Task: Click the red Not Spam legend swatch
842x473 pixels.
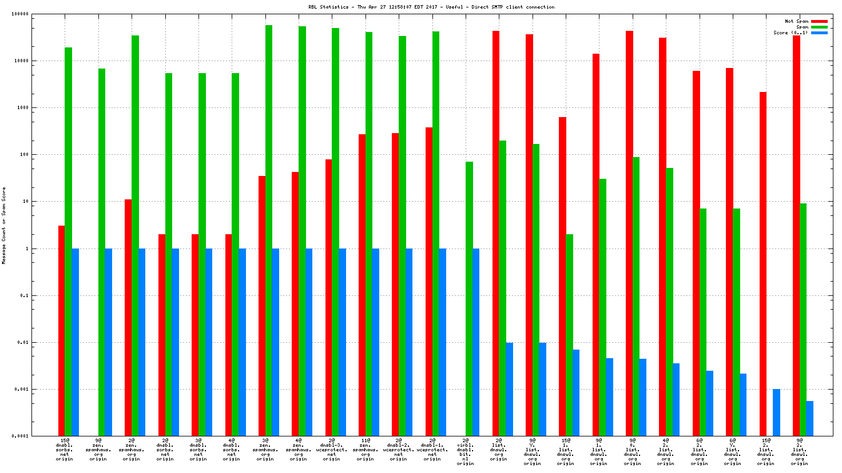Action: [x=819, y=21]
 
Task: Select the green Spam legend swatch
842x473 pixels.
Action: [x=819, y=27]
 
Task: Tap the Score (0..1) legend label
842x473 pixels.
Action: [x=791, y=33]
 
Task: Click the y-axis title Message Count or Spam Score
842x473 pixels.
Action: [x=4, y=225]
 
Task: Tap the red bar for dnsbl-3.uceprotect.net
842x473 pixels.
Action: [x=328, y=297]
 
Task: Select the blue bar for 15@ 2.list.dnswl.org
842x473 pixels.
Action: [x=776, y=412]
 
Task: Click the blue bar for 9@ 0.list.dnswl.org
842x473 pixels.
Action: [x=642, y=397]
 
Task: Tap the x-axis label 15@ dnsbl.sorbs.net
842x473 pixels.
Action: [x=65, y=450]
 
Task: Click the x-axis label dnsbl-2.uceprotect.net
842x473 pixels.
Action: [x=399, y=450]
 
